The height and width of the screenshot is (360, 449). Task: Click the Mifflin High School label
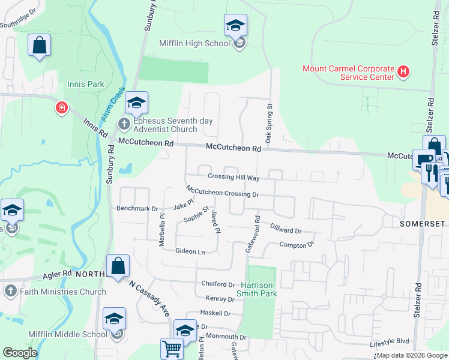[194, 43]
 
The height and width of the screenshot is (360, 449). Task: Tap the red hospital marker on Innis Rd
[62, 109]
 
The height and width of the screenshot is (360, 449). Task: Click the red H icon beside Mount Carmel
[403, 73]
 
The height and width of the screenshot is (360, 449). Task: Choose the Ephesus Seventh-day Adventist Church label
[165, 125]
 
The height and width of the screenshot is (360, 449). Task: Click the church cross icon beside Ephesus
[124, 124]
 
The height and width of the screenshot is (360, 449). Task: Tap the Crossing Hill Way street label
[234, 178]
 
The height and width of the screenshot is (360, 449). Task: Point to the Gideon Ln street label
[190, 251]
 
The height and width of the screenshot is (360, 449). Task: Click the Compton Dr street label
[297, 245]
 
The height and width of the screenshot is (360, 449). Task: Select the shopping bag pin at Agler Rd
[118, 266]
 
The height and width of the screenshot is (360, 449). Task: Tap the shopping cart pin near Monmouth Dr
[172, 348]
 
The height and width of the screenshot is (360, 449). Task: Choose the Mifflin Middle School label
[68, 334]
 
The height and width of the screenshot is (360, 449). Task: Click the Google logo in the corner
[20, 353]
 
